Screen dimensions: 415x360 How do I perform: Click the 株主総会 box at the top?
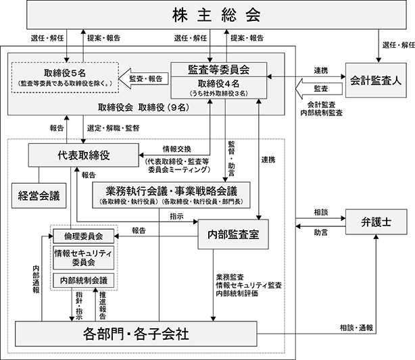216,15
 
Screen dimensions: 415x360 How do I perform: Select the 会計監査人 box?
376,80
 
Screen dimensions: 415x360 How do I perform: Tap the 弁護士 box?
376,222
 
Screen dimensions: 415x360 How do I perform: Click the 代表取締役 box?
83,155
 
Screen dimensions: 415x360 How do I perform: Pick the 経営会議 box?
39,195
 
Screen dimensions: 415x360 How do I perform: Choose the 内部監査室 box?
233,234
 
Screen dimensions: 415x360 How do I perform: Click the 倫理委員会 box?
84,236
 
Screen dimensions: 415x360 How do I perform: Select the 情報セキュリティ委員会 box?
84,257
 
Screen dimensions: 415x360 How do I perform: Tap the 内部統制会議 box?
84,280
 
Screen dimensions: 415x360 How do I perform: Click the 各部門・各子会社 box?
136,334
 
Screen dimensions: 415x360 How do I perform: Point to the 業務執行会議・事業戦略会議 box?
171,195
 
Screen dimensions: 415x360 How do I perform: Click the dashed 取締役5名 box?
65,78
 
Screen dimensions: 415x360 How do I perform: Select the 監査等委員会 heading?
218,70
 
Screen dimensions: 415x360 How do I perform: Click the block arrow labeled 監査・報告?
143,78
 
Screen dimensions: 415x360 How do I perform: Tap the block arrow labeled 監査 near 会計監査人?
318,88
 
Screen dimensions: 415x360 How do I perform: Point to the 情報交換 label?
177,149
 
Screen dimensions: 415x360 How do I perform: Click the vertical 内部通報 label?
36,279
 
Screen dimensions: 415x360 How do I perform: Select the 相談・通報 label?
356,328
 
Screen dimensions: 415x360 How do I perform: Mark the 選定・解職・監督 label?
114,128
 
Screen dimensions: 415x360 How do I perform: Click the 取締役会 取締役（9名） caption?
144,107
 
